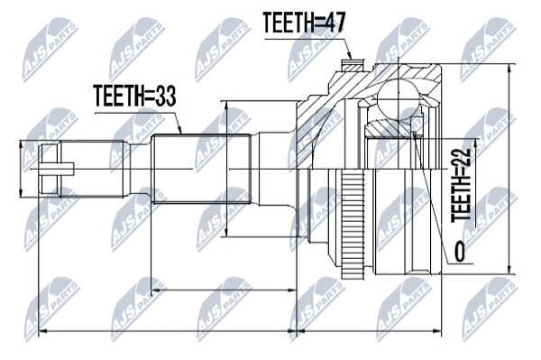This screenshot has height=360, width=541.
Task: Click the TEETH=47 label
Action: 304,23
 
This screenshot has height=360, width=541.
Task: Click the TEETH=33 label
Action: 134,96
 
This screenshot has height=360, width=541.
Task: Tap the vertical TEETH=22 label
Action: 461,185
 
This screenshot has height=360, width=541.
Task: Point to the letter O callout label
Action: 459,252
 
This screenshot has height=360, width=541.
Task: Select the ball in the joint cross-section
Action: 399,98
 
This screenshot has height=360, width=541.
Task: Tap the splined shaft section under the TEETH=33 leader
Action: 201,169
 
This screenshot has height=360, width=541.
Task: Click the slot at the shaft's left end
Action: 56,169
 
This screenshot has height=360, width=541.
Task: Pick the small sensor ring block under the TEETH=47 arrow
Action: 352,65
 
